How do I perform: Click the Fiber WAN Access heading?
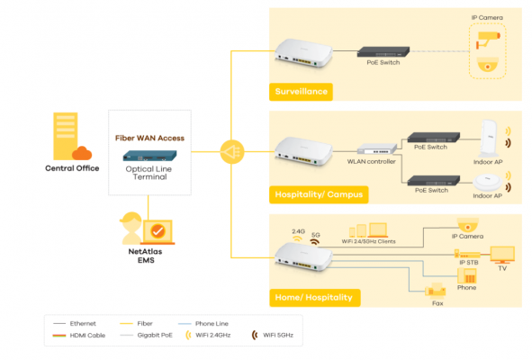click(x=150, y=138)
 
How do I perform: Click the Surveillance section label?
click(x=302, y=91)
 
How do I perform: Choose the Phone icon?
click(x=466, y=275)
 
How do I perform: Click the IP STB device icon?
click(x=465, y=255)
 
